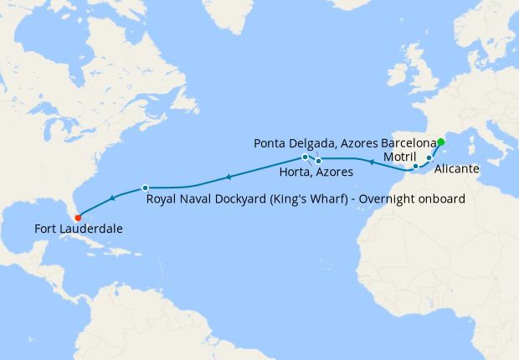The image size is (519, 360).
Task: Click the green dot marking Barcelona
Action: pyautogui.click(x=441, y=142)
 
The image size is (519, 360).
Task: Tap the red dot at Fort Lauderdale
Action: pyautogui.click(x=78, y=220)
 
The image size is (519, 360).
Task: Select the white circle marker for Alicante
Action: pyautogui.click(x=429, y=157)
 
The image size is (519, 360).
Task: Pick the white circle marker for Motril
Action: pyautogui.click(x=415, y=166)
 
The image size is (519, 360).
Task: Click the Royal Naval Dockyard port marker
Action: pyautogui.click(x=145, y=188)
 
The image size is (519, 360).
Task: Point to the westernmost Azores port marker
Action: pyautogui.click(x=305, y=157)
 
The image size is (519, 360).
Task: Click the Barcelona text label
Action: pyautogui.click(x=409, y=143)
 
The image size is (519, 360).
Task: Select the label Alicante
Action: pyautogui.click(x=457, y=169)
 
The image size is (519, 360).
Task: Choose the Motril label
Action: pyautogui.click(x=398, y=157)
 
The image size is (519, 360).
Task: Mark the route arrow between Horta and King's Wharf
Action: pyautogui.click(x=226, y=177)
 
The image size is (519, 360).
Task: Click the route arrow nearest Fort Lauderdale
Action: pyautogui.click(x=111, y=199)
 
